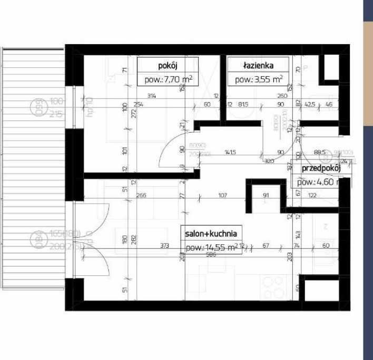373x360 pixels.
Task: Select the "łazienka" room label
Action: pos(258,66)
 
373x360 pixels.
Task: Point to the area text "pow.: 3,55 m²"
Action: pos(259,80)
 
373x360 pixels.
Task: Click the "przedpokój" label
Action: pos(321,169)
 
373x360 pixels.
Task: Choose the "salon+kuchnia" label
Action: pos(211,233)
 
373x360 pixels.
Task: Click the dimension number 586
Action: pos(212,254)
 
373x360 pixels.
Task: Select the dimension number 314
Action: pos(152,96)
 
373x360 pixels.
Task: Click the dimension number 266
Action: pos(141,196)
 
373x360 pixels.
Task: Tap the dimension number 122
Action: pos(312,196)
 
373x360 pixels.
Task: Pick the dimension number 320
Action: pos(269,162)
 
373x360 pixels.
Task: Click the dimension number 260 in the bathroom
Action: pos(282,96)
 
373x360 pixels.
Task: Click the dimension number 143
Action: pos(298,233)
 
